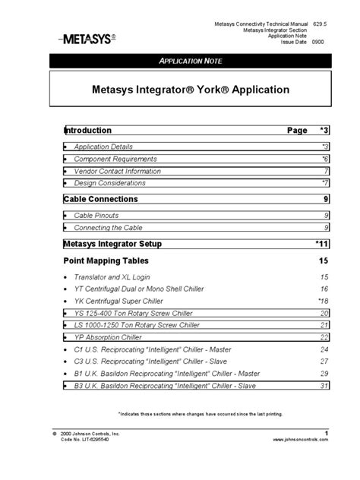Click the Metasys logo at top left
coord(85,37)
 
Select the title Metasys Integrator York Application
coord(191,90)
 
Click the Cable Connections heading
coord(101,199)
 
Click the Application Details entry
coord(103,146)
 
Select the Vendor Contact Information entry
coord(117,171)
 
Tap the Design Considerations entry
coord(109,183)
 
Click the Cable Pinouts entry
coord(96,216)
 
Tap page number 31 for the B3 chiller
coord(324,386)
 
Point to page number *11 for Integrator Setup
coord(321,244)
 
